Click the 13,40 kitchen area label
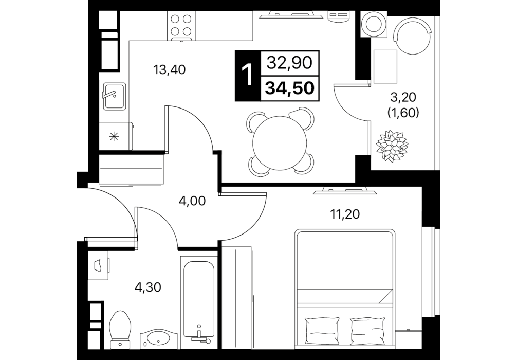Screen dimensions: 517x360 pos(170,69)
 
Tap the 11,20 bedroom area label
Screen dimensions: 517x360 pos(345,214)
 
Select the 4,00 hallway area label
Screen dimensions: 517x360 pos(192,201)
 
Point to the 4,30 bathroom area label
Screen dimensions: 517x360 pos(147,287)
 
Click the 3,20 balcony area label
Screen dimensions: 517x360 pos(403,97)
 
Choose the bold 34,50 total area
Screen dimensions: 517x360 pos(290,88)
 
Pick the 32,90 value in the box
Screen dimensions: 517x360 pos(289,62)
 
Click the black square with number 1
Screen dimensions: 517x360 pos(248,76)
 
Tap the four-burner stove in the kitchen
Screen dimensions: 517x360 pos(181,26)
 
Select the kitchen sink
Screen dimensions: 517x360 pos(114,96)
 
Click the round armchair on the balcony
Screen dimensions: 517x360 pos(413,35)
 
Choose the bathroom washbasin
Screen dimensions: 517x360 pos(159,339)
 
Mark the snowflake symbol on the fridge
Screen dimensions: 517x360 pos(114,136)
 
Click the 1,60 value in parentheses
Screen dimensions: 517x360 pos(403,113)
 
